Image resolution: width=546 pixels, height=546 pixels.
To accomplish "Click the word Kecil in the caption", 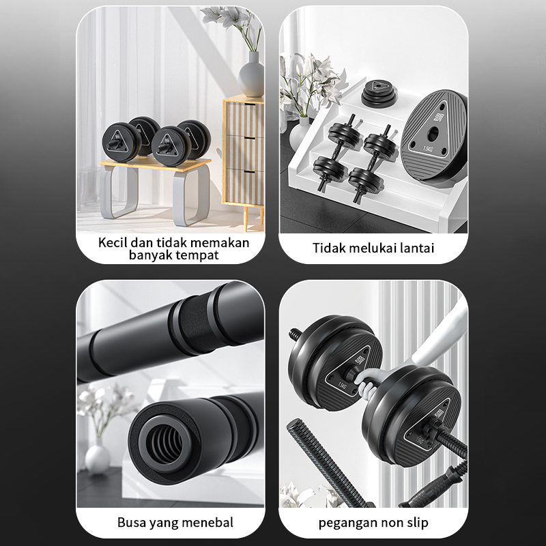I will [113, 242].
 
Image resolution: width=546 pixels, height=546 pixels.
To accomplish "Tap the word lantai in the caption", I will [414, 248].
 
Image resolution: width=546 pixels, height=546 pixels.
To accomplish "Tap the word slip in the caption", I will [414, 523].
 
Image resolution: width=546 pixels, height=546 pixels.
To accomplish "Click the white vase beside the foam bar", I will [98, 453].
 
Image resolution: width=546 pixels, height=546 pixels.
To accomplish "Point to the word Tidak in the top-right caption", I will [329, 248].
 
